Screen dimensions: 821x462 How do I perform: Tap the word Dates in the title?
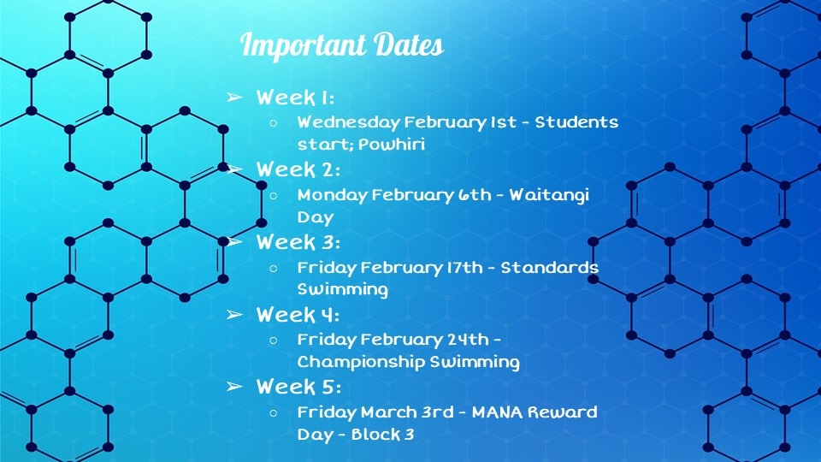(x=410, y=44)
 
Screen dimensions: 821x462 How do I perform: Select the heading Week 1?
(x=295, y=98)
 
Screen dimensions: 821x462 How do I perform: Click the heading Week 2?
(x=298, y=169)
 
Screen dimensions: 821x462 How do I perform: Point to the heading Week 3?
(x=298, y=242)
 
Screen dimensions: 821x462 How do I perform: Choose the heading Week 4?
(x=298, y=315)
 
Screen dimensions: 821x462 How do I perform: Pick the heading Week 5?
(x=298, y=387)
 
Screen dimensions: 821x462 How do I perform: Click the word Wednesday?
(x=348, y=122)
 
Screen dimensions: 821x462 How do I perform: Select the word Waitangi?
(x=549, y=195)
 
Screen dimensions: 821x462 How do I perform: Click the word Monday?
(x=333, y=195)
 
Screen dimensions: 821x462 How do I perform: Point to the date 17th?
(x=464, y=268)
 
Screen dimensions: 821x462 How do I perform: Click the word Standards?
(x=550, y=268)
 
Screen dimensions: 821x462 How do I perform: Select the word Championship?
(x=361, y=362)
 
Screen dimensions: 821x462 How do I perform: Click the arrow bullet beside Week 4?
(x=234, y=314)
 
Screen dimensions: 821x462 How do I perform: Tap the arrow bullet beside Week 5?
(x=234, y=387)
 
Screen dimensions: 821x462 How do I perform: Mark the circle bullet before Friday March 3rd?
(x=274, y=412)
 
